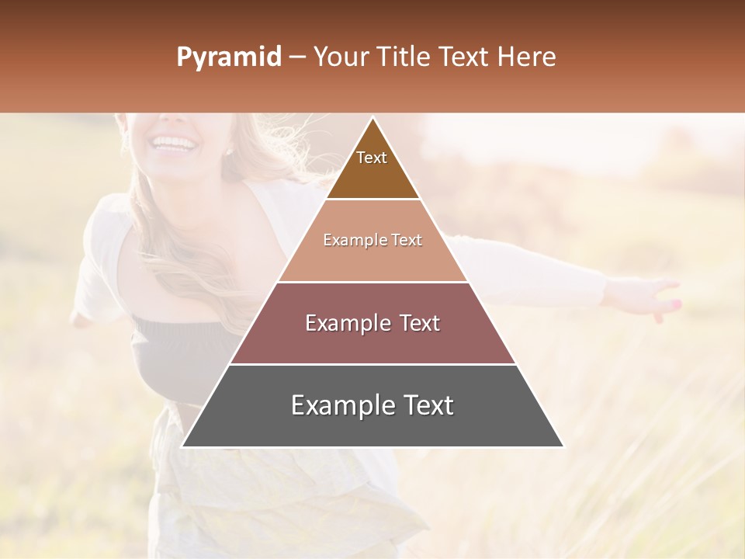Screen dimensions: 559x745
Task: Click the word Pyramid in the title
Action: coord(228,57)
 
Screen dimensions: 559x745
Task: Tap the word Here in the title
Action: coord(527,57)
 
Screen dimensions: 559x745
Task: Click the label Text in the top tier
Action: coord(372,158)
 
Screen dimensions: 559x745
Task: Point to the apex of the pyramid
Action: coord(372,118)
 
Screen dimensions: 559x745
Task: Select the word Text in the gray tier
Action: coord(428,405)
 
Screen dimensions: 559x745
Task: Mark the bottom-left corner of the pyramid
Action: coord(182,446)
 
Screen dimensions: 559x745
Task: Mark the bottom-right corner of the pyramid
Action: coord(563,446)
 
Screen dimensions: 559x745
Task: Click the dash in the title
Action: coord(297,57)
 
